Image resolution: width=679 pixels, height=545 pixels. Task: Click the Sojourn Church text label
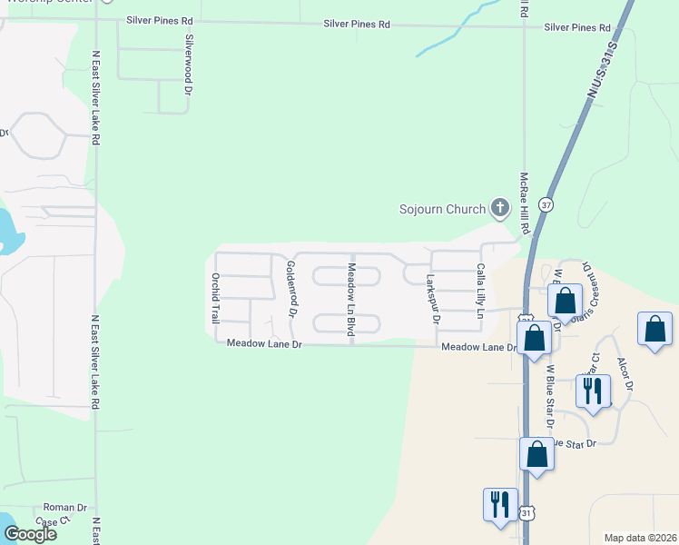(x=443, y=210)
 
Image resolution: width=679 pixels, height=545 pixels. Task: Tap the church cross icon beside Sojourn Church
(x=498, y=208)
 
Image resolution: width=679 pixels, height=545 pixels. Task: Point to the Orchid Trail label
(x=215, y=298)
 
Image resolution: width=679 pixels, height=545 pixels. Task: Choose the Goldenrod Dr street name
(x=291, y=288)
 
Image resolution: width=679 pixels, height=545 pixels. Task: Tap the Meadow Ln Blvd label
(x=350, y=298)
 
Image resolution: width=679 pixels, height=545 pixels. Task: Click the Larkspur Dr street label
(x=433, y=301)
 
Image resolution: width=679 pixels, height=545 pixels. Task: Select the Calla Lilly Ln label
(x=480, y=291)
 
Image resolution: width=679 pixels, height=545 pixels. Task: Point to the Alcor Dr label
(x=625, y=372)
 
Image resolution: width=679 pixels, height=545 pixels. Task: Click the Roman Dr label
(x=65, y=508)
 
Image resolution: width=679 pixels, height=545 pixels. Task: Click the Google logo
(x=30, y=534)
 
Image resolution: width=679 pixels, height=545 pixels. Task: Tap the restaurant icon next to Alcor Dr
(x=593, y=391)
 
